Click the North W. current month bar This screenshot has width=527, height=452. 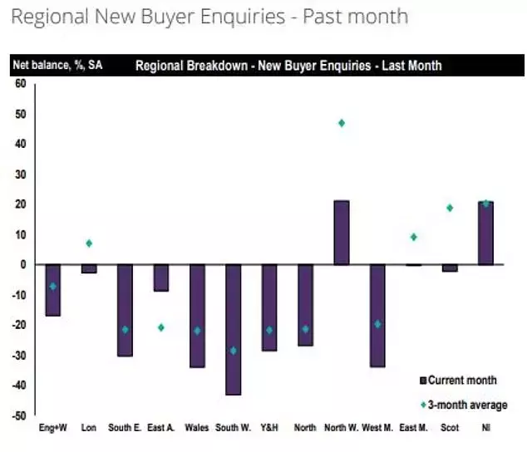tap(341, 233)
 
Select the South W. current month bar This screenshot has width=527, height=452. tap(233, 329)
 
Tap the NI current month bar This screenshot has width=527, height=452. tap(485, 233)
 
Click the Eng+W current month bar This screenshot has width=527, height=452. tap(52, 290)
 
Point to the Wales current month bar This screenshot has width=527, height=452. tap(197, 316)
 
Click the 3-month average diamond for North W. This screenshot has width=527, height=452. tap(341, 123)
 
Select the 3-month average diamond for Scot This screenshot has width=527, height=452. tap(450, 208)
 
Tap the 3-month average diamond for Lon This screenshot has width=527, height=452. tap(89, 243)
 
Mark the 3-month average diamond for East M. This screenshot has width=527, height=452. tap(413, 237)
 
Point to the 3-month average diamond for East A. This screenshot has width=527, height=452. tap(160, 327)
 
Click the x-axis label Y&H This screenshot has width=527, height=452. tap(268, 428)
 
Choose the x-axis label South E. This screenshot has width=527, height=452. tap(125, 428)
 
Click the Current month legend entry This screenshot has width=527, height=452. tap(462, 381)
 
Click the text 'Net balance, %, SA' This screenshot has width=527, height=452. tap(57, 66)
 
